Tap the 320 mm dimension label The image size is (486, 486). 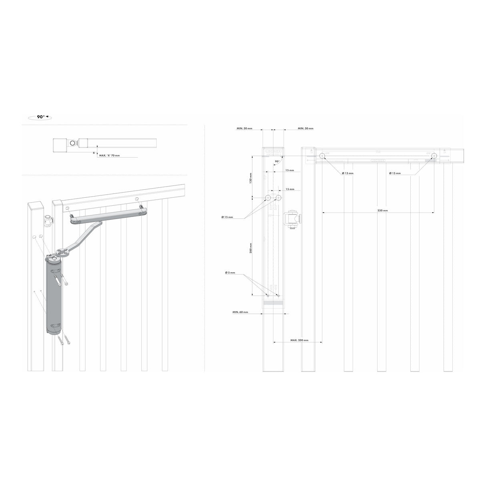pyautogui.click(x=382, y=210)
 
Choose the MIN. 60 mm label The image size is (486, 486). pyautogui.click(x=240, y=312)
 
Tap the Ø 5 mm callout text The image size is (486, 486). pyautogui.click(x=230, y=272)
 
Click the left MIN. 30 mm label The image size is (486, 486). pyautogui.click(x=244, y=129)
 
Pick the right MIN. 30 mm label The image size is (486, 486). pyautogui.click(x=305, y=129)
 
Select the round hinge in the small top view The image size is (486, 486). pyautogui.click(x=72, y=143)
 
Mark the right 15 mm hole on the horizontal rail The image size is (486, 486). pyautogui.click(x=434, y=156)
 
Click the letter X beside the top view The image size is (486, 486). pyautogui.click(x=94, y=153)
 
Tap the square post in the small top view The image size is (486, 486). pyautogui.click(x=60, y=145)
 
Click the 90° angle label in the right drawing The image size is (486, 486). pyautogui.click(x=277, y=162)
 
